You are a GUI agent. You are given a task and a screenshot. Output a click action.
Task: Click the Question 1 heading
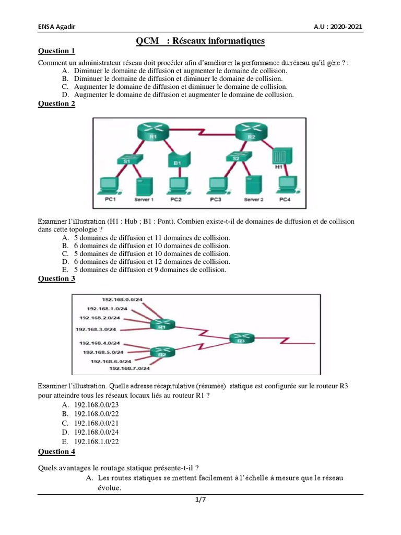pos(57,51)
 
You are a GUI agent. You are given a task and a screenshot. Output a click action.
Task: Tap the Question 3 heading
pos(57,278)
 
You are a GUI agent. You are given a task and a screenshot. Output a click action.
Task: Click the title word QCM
pos(148,40)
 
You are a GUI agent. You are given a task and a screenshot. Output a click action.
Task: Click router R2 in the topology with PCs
pos(250,132)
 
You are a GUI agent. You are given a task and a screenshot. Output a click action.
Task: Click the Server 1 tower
pos(144,187)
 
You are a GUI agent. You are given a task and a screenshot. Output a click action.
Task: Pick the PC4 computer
pos(284,187)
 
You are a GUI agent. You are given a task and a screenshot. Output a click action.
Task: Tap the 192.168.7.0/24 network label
pos(129,368)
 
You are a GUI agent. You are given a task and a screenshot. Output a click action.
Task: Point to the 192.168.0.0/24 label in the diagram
pos(122,300)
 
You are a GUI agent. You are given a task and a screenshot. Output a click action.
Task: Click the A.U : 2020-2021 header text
pos(338,27)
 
